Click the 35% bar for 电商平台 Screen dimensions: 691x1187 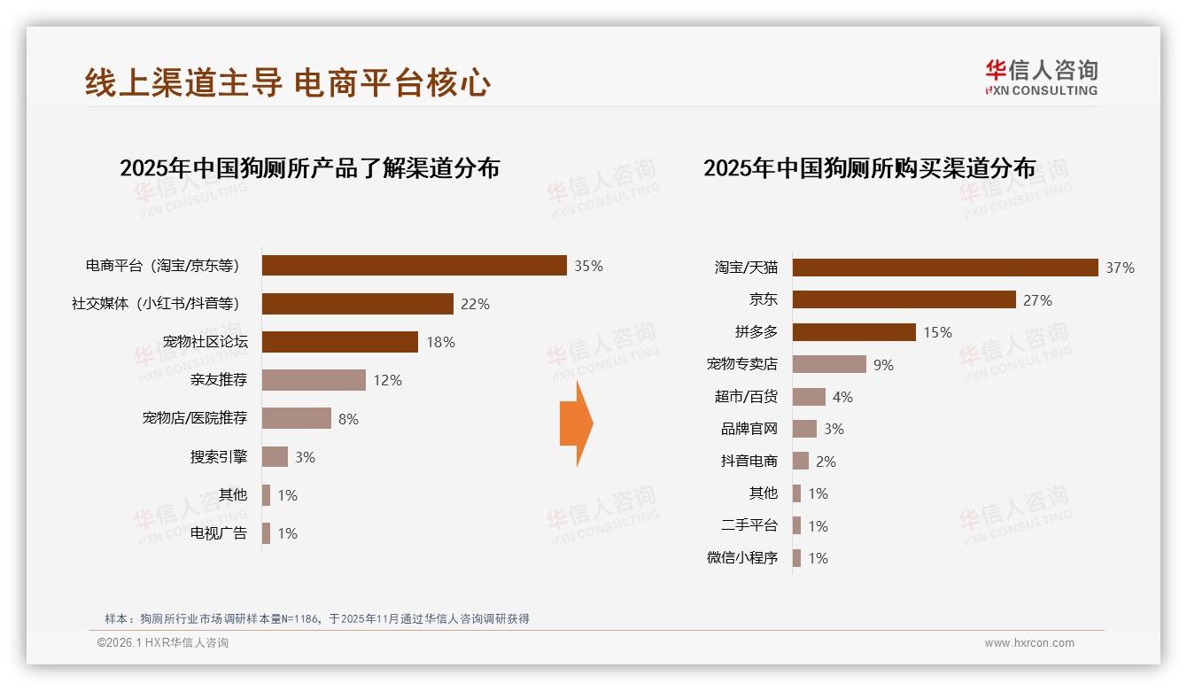tap(414, 266)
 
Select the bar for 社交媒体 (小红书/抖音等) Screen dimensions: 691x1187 tap(358, 304)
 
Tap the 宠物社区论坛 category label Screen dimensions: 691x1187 tap(205, 342)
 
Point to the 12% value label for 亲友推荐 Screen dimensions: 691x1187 tap(387, 380)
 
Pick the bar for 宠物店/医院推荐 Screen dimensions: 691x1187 tap(297, 418)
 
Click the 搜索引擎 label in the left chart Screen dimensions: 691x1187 tap(218, 457)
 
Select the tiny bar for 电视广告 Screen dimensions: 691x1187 tap(266, 533)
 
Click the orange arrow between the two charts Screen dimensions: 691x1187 tap(577, 423)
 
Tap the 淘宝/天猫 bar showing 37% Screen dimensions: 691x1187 tap(945, 268)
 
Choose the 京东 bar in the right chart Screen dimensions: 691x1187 tap(904, 299)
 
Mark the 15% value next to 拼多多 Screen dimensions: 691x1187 tap(937, 332)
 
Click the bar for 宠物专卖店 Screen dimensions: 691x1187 tap(829, 364)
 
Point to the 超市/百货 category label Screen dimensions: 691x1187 tap(746, 397)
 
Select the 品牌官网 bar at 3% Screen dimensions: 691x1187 tap(804, 429)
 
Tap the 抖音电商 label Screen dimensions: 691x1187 tap(749, 462)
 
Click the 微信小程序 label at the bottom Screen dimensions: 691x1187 tap(742, 558)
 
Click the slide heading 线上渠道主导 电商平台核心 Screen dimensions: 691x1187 tap(288, 83)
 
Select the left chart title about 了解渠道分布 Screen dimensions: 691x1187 tap(309, 168)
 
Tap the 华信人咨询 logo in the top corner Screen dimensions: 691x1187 tap(1041, 77)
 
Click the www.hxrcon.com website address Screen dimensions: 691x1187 tap(1028, 643)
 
